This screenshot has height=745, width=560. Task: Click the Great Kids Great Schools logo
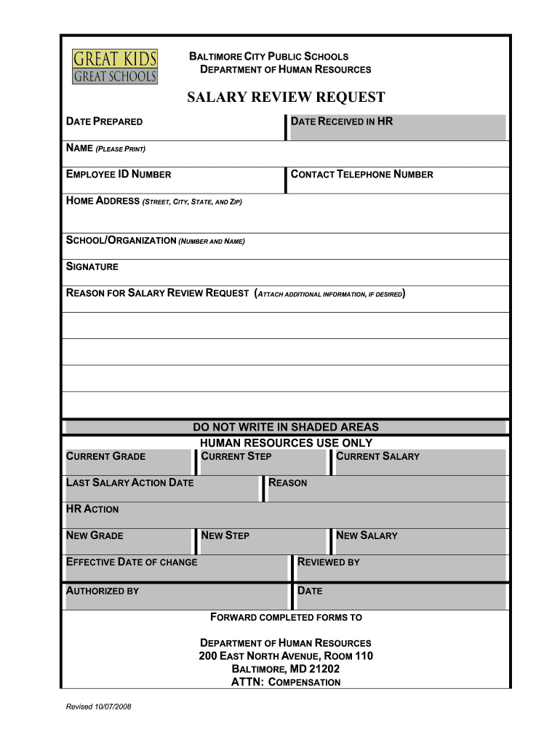115,65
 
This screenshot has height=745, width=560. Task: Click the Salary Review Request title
286,97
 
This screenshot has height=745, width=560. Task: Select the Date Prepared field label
104,121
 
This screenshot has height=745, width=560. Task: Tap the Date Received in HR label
341,121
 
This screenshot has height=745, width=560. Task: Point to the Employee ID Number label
119,174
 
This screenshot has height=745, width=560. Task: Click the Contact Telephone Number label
361,174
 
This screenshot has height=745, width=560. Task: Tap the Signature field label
92,266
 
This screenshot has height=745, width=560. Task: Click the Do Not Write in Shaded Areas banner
285,427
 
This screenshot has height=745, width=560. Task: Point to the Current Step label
236,456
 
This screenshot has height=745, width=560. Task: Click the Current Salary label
377,456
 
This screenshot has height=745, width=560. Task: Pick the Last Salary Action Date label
129,482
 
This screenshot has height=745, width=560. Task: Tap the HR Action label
92,509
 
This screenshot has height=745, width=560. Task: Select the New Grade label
95,535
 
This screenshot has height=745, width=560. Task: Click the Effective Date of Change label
131,562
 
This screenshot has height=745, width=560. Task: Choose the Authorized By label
102,591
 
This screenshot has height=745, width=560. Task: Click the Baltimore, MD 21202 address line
285,669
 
